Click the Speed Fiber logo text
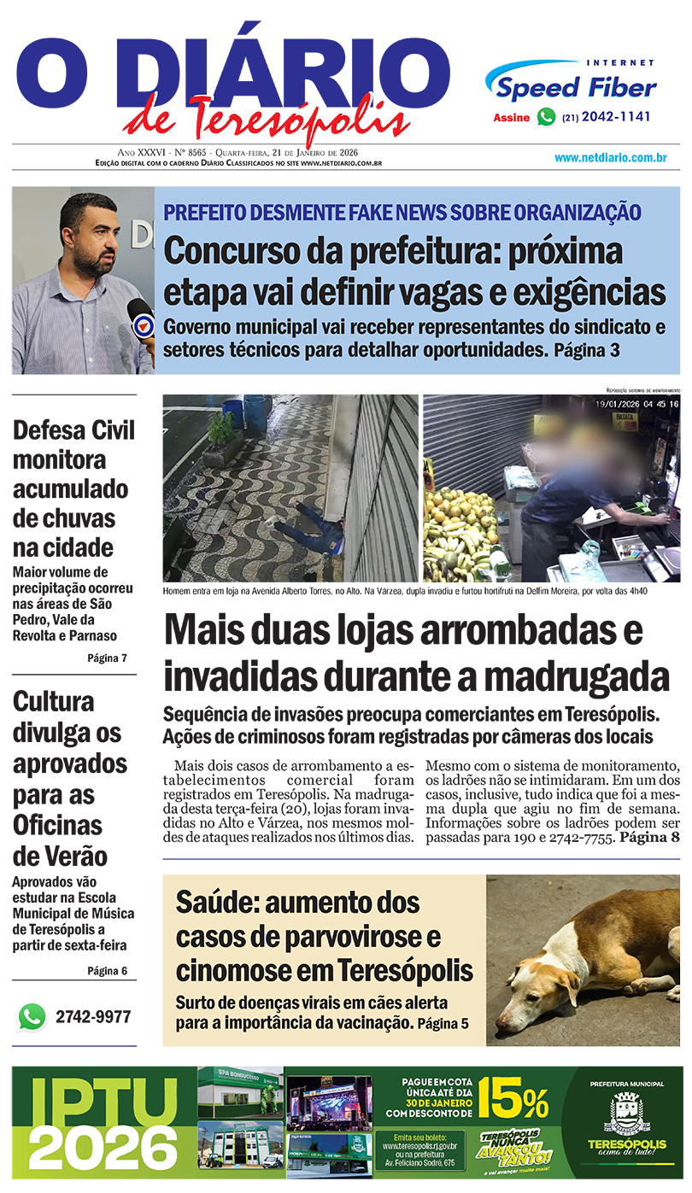coord(577,87)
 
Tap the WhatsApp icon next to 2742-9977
coord(32,1017)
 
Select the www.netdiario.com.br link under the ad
coord(610,158)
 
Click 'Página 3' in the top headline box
coord(586,350)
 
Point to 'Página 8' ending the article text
coord(650,838)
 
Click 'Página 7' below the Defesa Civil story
coord(107,658)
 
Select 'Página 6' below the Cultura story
coord(107,971)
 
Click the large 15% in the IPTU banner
coord(513,1099)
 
